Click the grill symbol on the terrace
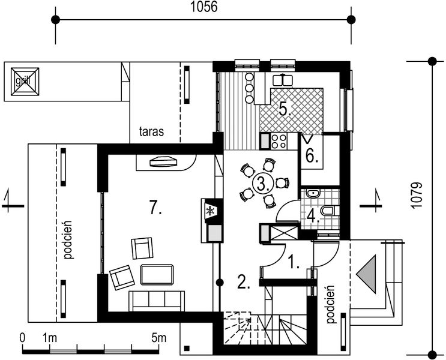tap(25, 82)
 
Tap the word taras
tap(152, 131)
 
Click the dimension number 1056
tap(203, 7)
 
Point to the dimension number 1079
tap(416, 196)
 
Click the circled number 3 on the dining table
tap(263, 184)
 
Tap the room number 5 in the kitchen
tap(285, 109)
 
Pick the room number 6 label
tap(312, 156)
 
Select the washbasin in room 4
tap(313, 193)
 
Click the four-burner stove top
tap(279, 142)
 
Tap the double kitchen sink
tap(283, 80)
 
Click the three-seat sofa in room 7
tap(157, 301)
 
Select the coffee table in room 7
tap(157, 274)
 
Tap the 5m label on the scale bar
tap(158, 338)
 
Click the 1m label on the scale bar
tap(50, 338)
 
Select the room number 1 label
tap(294, 262)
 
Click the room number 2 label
tap(244, 282)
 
